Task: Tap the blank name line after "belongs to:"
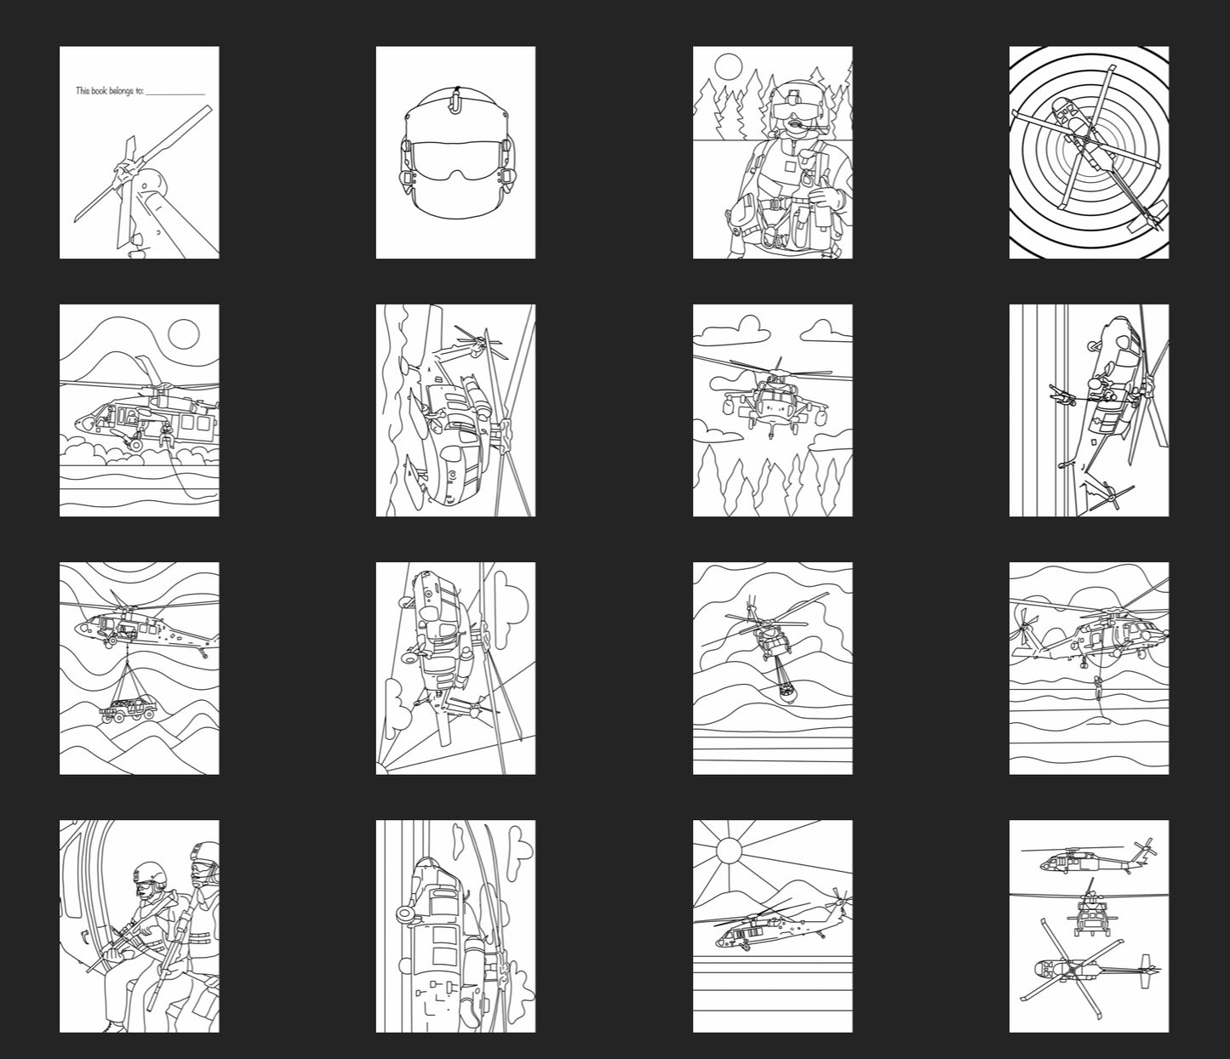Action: click(x=175, y=94)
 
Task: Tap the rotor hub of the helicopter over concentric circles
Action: click(x=1087, y=139)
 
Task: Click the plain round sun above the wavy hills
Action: click(x=183, y=333)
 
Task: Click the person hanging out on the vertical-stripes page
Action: click(x=1061, y=394)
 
